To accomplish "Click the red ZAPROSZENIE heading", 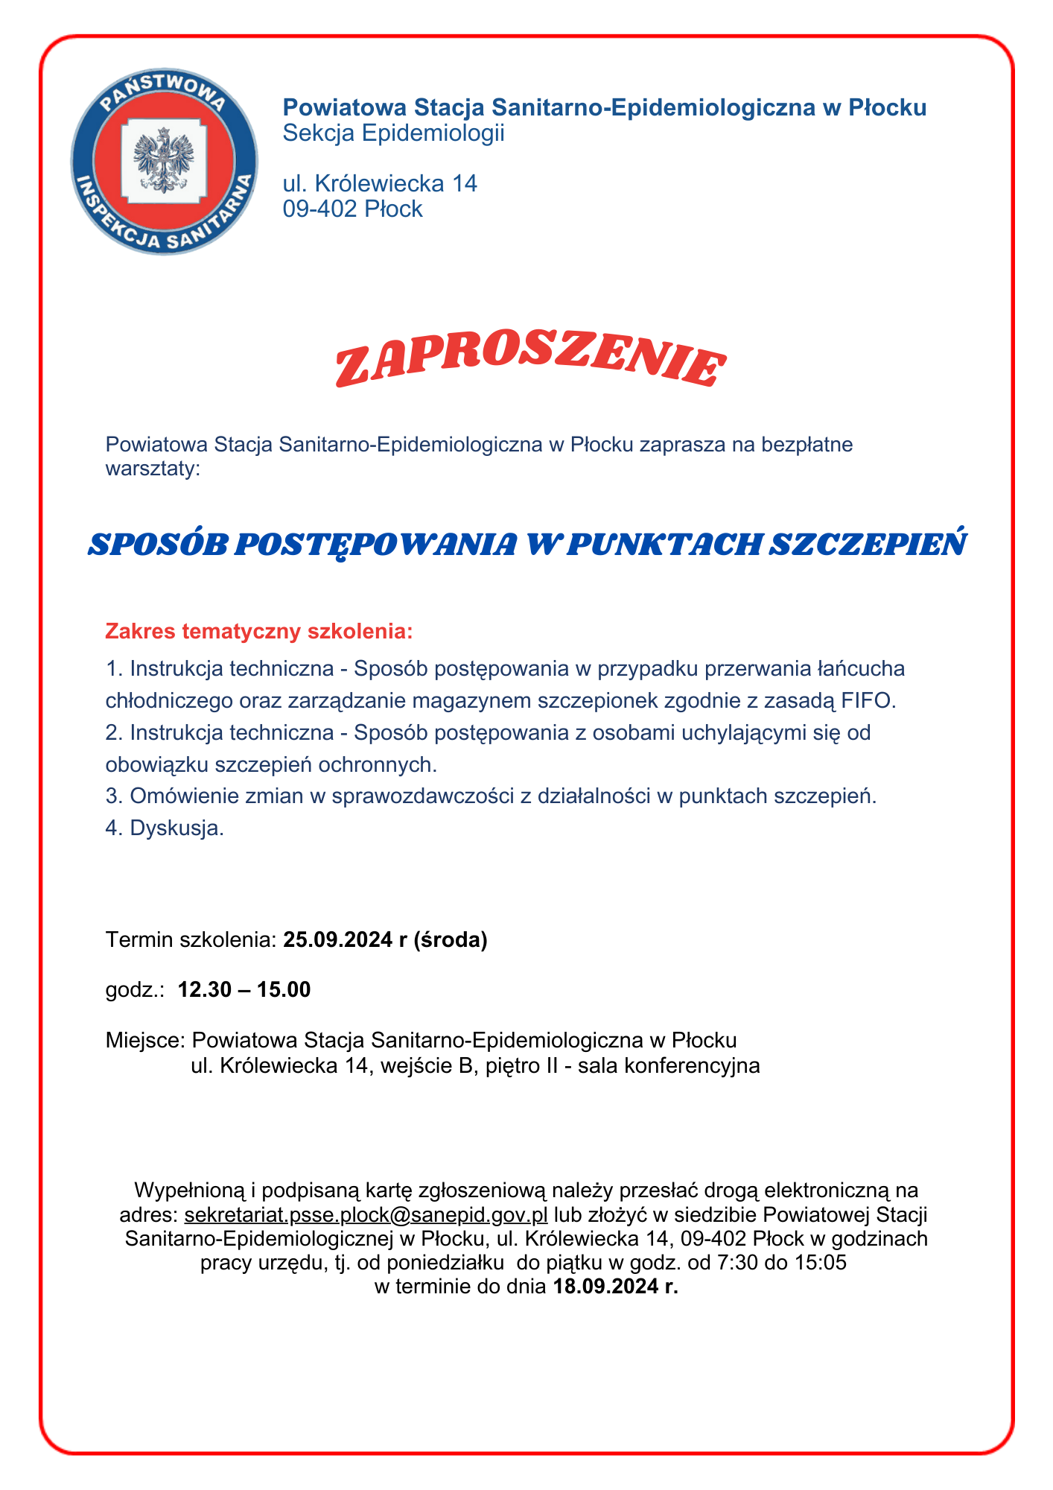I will click(529, 366).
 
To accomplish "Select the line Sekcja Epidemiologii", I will click(393, 134).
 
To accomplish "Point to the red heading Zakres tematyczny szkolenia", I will click(258, 632).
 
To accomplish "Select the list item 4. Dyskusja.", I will click(165, 828).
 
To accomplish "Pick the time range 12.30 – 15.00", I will click(244, 990).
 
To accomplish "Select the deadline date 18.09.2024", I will click(606, 1287).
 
